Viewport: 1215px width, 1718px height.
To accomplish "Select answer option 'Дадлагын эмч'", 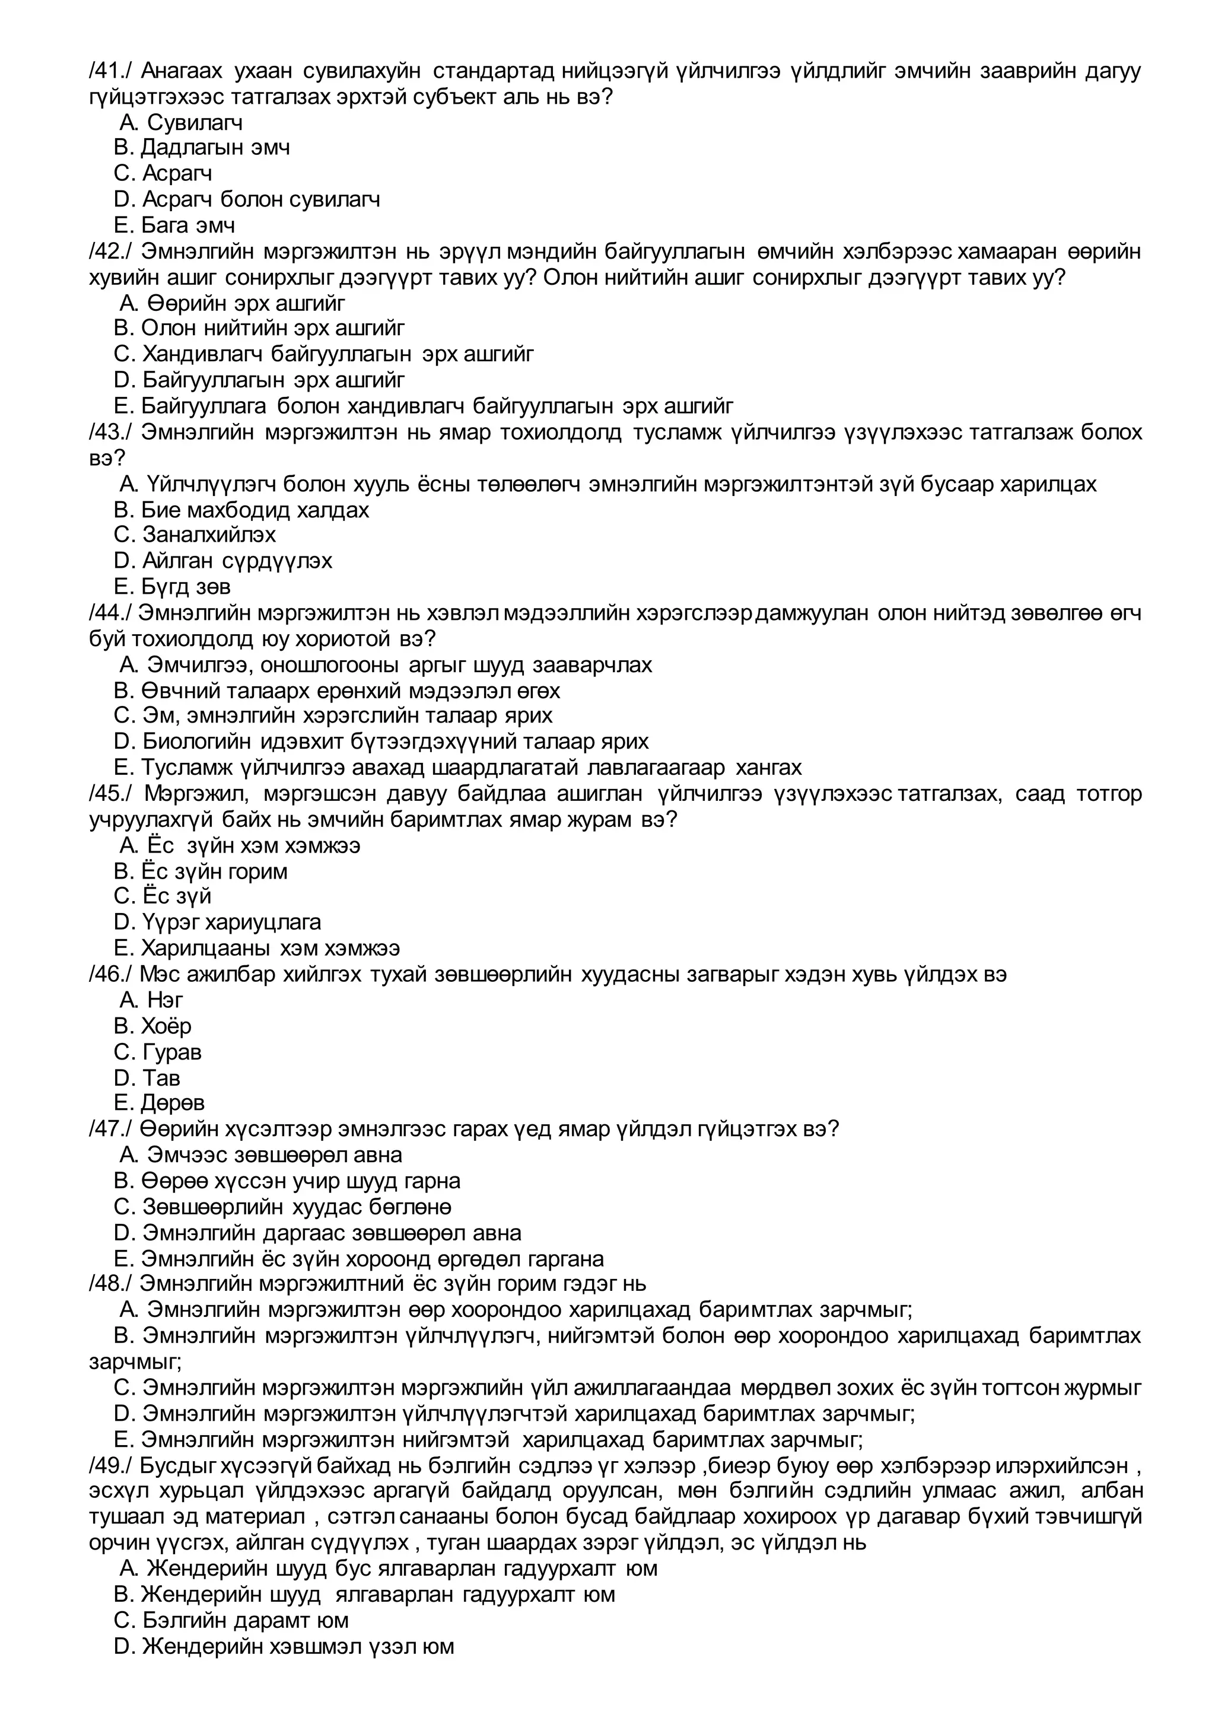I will pyautogui.click(x=201, y=147).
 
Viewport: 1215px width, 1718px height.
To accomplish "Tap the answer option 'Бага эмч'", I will pyautogui.click(x=174, y=225).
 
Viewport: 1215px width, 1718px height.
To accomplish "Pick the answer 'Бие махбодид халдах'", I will pyautogui.click(x=241, y=510).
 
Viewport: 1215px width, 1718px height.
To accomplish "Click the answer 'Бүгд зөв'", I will pyautogui.click(x=172, y=587).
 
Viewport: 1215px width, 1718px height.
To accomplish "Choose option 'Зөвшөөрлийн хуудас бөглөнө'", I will pyautogui.click(x=282, y=1207).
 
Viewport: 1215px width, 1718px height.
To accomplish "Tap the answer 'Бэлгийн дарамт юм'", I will pyautogui.click(x=231, y=1621).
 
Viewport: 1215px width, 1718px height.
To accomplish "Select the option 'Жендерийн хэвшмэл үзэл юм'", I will pyautogui.click(x=284, y=1647).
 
